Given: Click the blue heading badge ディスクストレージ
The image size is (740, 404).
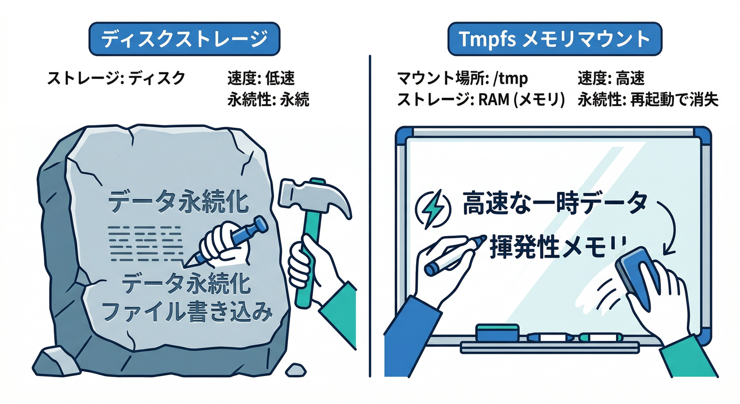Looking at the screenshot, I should [x=184, y=39].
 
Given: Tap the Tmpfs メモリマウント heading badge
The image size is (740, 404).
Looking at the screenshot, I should [x=554, y=39].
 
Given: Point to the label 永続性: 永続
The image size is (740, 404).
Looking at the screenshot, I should [x=268, y=99].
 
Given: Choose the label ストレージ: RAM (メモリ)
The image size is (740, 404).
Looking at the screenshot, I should [x=479, y=99].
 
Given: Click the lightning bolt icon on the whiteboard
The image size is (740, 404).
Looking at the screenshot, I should [x=433, y=207].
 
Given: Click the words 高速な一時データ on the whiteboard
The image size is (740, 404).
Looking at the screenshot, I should [x=554, y=204].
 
